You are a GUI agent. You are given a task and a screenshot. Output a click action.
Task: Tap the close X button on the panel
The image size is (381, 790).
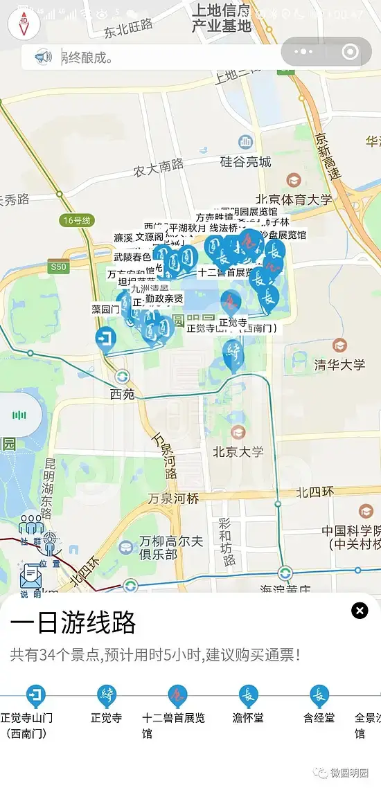[360, 610]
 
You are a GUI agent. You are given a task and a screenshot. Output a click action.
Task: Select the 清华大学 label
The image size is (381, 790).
[339, 363]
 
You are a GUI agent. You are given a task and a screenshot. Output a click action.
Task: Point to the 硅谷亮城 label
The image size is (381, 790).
[245, 161]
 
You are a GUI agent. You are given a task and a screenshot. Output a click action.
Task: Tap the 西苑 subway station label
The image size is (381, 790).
[123, 394]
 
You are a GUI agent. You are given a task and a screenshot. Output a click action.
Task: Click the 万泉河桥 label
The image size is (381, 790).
[173, 499]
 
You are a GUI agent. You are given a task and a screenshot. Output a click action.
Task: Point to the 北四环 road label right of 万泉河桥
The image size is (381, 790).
[315, 492]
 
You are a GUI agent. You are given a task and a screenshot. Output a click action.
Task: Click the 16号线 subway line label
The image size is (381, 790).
[76, 221]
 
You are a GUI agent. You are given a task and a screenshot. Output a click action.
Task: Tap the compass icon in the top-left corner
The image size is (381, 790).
[24, 24]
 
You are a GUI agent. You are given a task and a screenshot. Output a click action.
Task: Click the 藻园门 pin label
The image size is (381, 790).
[106, 309]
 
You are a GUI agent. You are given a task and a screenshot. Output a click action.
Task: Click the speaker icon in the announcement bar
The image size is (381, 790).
[43, 56]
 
